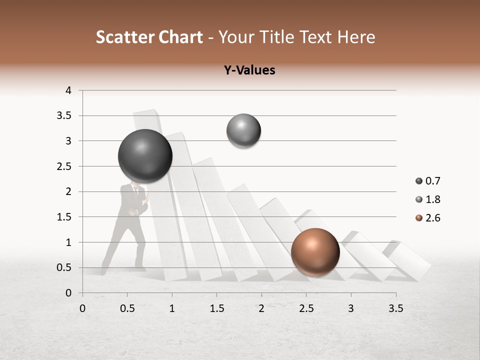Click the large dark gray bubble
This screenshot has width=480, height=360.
tap(145, 156)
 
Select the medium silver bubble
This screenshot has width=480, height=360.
tap(243, 131)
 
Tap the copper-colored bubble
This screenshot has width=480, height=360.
tap(315, 252)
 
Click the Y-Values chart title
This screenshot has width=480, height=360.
tap(249, 70)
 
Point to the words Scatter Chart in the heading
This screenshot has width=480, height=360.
tap(149, 37)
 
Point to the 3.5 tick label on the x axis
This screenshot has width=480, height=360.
tap(396, 308)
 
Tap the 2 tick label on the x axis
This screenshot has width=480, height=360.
tap(261, 308)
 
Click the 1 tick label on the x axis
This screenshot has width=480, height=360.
tap(172, 308)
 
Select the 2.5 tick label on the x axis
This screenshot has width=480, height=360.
tap(306, 308)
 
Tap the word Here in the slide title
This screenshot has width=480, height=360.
tap(356, 37)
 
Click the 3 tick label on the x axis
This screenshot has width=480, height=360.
tap(351, 308)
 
